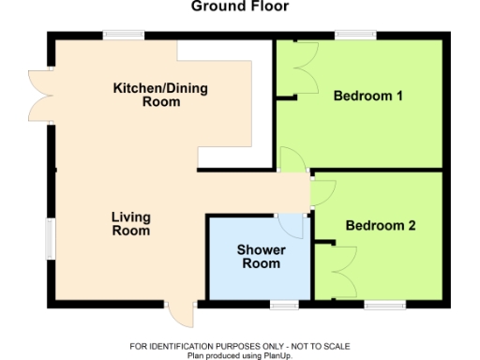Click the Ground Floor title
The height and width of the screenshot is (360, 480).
[x=240, y=7]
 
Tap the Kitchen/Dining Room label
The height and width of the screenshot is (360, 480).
[x=160, y=95]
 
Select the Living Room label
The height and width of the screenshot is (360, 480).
[x=130, y=223]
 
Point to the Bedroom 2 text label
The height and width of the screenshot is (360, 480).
[x=380, y=226]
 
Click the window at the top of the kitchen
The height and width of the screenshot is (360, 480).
[x=124, y=36]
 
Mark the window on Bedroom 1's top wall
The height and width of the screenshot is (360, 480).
[x=357, y=36]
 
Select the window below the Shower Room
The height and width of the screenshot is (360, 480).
[x=283, y=305]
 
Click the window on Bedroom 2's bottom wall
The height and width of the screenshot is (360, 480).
[x=384, y=305]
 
